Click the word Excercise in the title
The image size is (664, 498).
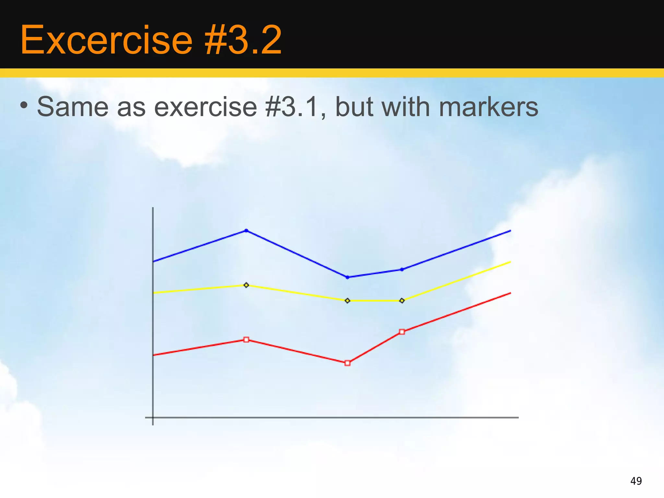106,40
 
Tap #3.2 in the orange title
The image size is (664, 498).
243,40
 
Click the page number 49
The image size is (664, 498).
636,481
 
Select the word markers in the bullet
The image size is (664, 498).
488,107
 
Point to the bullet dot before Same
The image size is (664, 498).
24,105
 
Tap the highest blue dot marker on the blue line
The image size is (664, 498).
246,231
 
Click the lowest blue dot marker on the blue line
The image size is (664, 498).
348,277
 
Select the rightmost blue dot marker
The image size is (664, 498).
402,269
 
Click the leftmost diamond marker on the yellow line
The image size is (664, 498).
246,285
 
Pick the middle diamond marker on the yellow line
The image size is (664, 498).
348,301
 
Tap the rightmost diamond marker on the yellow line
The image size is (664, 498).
402,301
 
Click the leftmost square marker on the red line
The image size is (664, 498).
246,340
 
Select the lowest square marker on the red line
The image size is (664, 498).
348,363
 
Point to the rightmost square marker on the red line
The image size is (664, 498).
402,332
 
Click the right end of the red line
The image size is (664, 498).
510,293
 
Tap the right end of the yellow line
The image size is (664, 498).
510,262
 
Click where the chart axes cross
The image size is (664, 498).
153,418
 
